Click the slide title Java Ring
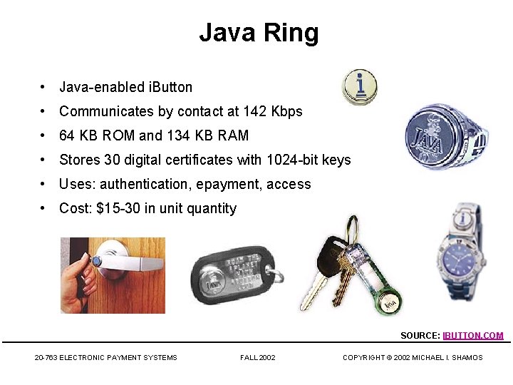click(x=259, y=33)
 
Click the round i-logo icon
click(x=360, y=87)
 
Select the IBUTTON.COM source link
click(x=473, y=335)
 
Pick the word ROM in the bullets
click(x=118, y=135)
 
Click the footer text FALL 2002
click(x=258, y=357)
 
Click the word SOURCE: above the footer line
click(x=420, y=335)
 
